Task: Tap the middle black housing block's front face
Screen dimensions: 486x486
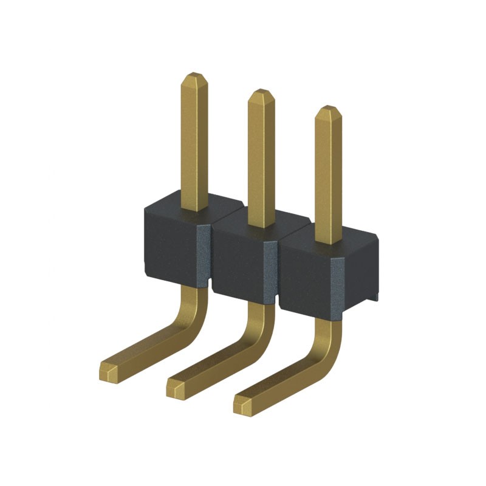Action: pos(236,261)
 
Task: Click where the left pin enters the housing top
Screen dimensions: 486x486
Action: pos(194,210)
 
